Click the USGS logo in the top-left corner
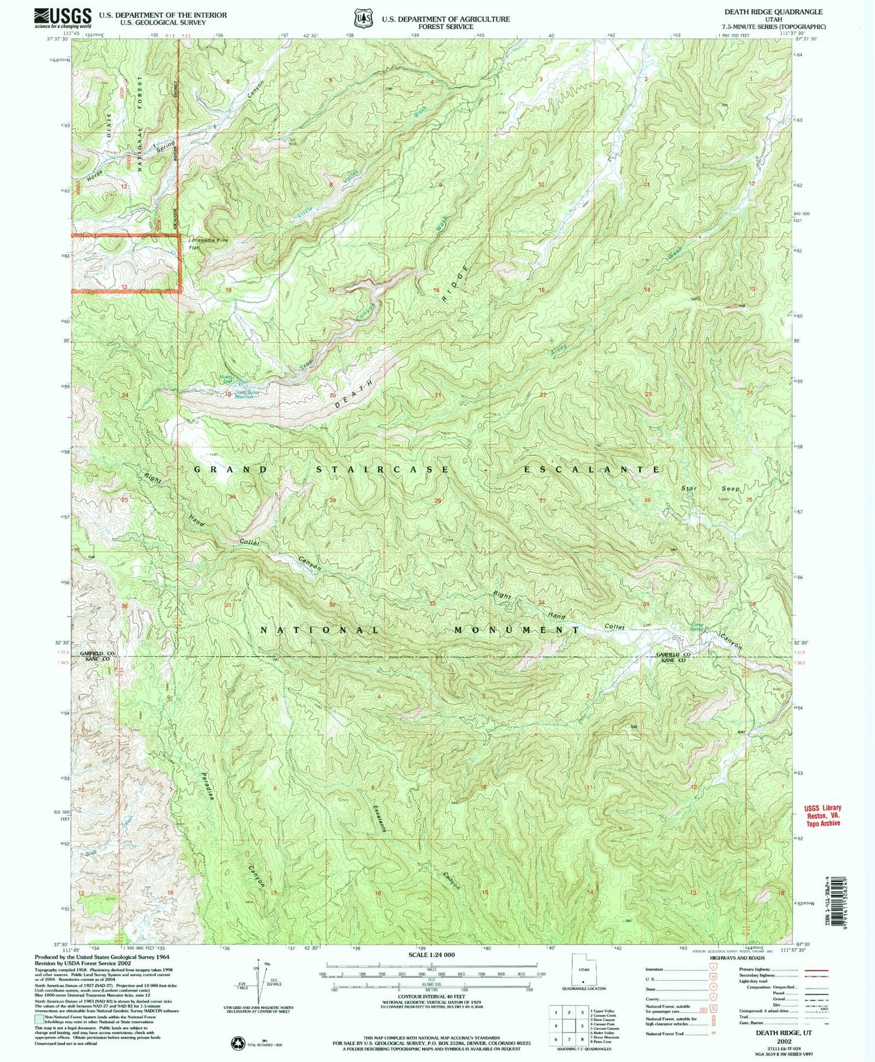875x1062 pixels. tap(63, 17)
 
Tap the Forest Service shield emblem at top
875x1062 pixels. tap(364, 18)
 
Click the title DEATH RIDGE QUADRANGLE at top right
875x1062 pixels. tap(773, 12)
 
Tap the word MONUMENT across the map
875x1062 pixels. tap(516, 630)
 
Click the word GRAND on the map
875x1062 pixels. tap(230, 469)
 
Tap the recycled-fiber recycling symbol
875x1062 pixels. tap(237, 1041)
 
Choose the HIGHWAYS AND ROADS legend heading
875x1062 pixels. tap(737, 958)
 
